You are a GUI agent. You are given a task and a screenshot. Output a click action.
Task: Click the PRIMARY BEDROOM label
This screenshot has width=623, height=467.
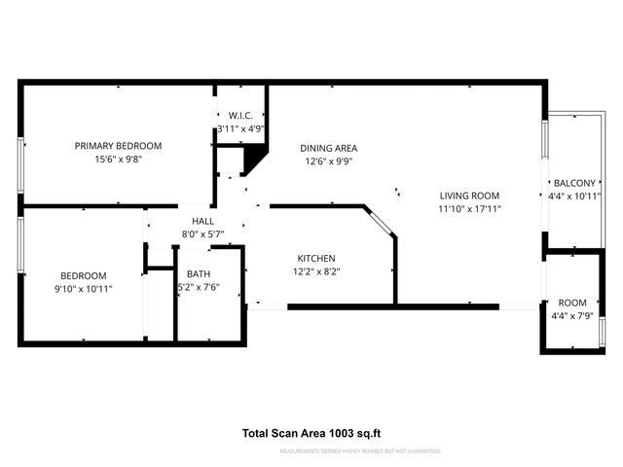118,146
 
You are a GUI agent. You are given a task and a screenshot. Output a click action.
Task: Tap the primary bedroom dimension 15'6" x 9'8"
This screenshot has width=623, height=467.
118,161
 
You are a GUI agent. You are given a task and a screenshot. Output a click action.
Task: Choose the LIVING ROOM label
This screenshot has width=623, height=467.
469,195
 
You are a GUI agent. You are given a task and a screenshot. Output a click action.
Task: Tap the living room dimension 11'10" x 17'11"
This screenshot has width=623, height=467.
469,209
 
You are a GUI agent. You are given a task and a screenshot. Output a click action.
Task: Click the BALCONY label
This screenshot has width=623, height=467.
574,183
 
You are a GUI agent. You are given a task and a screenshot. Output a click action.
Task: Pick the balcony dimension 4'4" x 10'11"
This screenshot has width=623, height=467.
574,197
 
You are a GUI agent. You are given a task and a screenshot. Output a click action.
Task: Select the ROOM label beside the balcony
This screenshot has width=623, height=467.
572,303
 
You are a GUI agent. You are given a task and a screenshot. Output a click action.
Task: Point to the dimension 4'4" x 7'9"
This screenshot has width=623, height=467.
572,316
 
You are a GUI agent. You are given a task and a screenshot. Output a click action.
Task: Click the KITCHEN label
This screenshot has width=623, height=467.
316,258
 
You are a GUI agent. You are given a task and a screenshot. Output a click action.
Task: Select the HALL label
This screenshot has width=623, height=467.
202,221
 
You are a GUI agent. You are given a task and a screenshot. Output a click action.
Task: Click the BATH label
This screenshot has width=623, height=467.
199,274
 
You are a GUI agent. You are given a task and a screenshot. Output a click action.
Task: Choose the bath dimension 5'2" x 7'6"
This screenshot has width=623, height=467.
199,288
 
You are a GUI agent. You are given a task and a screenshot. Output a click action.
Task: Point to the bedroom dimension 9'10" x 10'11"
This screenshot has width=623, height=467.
84,289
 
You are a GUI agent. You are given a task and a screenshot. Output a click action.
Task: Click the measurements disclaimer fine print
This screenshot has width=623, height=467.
359,451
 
